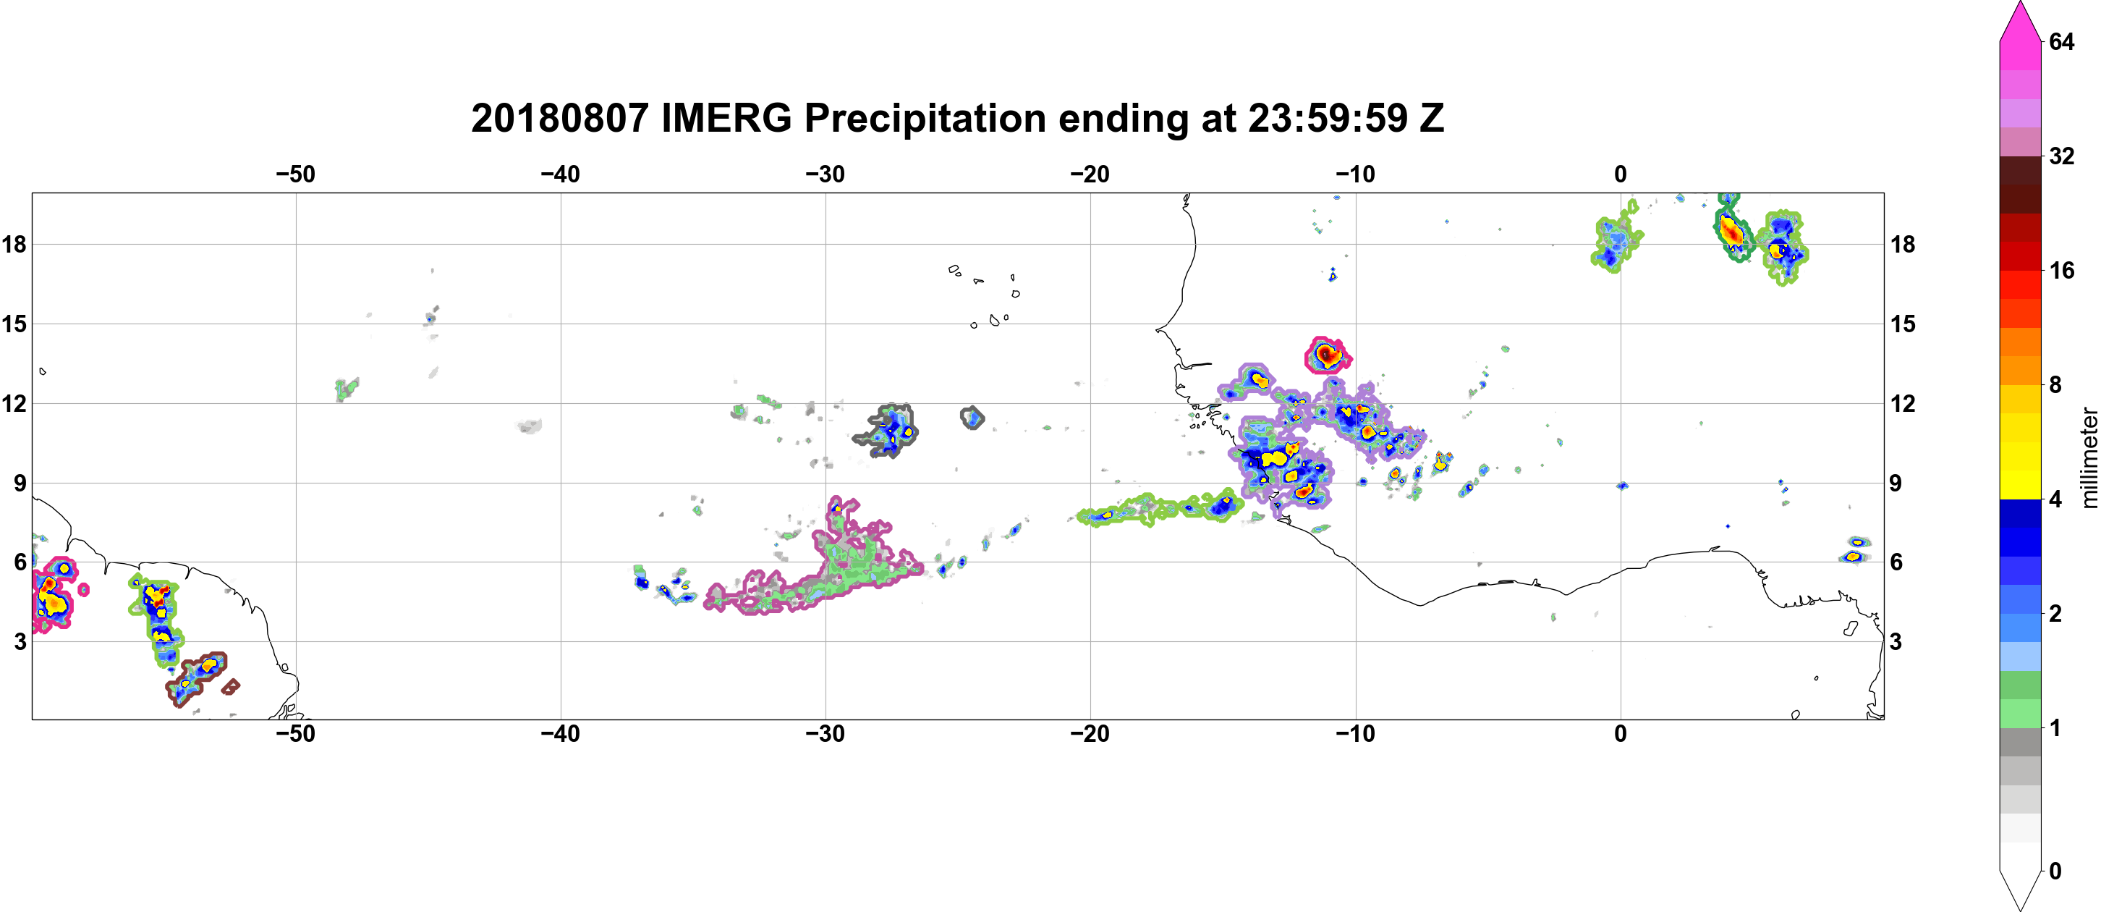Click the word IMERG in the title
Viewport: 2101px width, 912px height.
click(x=726, y=118)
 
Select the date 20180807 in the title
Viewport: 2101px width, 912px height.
click(x=559, y=118)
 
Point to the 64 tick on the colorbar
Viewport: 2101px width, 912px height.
click(x=2061, y=41)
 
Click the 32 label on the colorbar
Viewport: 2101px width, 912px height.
click(x=2061, y=156)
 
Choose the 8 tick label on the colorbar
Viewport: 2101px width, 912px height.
click(x=2055, y=384)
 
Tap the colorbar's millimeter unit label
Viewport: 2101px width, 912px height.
click(x=2089, y=457)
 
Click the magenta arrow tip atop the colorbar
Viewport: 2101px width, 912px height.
click(x=2019, y=4)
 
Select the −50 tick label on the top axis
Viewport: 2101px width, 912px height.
click(x=295, y=174)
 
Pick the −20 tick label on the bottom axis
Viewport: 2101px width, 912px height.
click(x=1090, y=734)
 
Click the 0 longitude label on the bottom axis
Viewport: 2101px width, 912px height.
click(x=1621, y=734)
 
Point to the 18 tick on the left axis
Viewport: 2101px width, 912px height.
click(x=14, y=244)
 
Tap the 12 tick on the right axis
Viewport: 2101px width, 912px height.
click(x=1903, y=403)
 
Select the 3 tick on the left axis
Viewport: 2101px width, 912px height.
click(x=20, y=641)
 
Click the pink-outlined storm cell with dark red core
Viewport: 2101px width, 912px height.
click(x=1327, y=355)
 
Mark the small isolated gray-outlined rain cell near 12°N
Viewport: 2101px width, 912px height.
click(x=972, y=418)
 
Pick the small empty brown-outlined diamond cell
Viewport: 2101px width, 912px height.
click(x=231, y=687)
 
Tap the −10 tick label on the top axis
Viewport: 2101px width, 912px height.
click(x=1356, y=174)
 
